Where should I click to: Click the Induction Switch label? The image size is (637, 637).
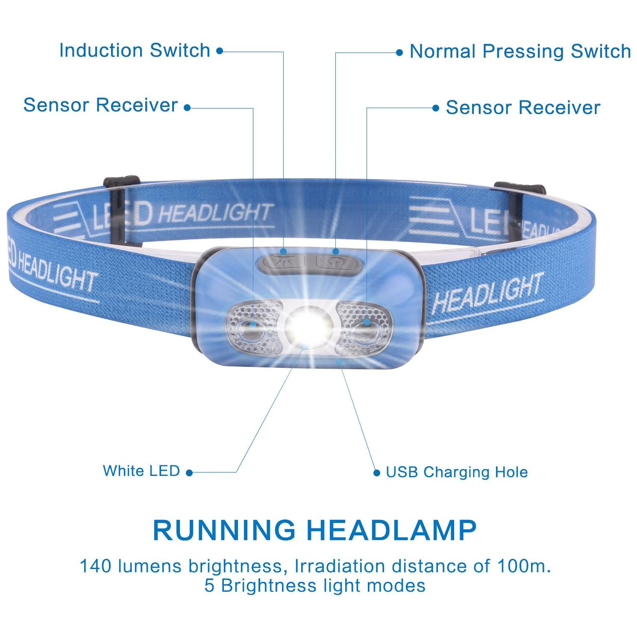135,50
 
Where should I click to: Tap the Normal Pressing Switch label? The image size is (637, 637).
520,51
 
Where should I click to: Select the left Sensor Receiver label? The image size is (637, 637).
100,105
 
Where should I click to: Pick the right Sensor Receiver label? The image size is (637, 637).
523,108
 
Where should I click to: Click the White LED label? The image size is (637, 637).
141,471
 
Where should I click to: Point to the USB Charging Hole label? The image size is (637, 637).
457,472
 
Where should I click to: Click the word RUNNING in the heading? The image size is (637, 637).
224,530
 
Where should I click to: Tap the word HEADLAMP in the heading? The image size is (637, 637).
392,530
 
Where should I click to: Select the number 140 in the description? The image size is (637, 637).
96,567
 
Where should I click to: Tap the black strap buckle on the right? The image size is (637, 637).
520,188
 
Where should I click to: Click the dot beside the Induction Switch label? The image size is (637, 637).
220,51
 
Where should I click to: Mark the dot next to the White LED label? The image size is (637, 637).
189,473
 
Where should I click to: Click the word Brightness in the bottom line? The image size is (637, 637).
268,586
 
